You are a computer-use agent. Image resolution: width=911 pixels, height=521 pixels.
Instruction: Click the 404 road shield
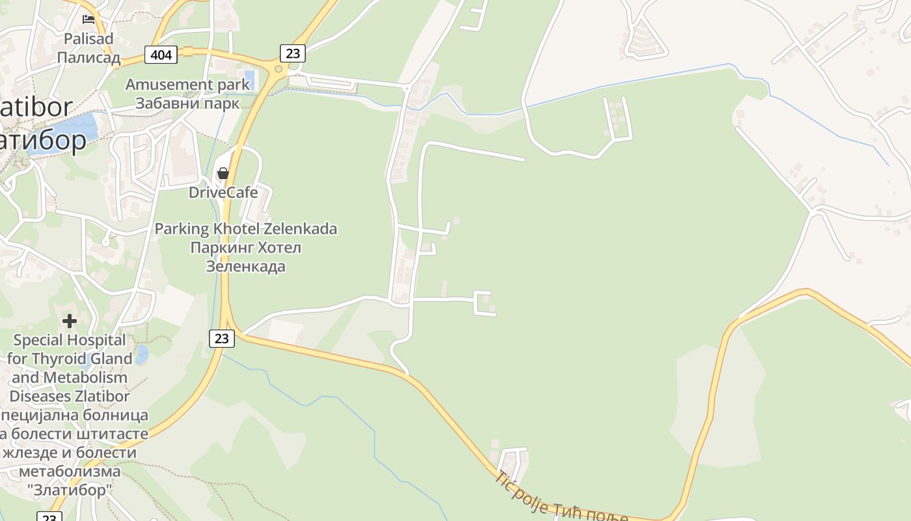pos(161,55)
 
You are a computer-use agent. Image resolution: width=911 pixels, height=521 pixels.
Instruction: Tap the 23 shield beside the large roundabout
pos(293,53)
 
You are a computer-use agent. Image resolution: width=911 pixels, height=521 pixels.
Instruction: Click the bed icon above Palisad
pos(88,20)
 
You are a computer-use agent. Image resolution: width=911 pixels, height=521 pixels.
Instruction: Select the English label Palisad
pos(88,38)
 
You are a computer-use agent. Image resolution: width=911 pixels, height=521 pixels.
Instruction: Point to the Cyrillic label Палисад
pos(88,57)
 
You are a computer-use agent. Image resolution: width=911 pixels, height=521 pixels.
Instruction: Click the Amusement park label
pos(187,85)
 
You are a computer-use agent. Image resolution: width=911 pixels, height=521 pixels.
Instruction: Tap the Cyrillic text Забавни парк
pos(187,103)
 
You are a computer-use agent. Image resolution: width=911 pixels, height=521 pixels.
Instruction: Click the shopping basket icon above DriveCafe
pos(223,173)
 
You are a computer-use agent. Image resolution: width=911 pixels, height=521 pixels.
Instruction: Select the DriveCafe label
pos(223,192)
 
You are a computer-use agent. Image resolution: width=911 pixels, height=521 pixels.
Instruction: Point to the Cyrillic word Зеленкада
pos(246,266)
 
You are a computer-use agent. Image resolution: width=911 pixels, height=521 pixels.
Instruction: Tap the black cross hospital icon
pos(70,321)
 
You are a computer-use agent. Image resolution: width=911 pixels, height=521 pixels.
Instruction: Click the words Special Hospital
pos(70,340)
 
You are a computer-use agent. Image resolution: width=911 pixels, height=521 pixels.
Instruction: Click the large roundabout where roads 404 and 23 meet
pos(279,69)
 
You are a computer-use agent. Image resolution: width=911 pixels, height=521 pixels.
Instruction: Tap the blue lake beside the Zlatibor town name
pos(78,130)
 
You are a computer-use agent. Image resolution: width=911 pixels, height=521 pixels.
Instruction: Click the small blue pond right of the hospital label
pos(141,354)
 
